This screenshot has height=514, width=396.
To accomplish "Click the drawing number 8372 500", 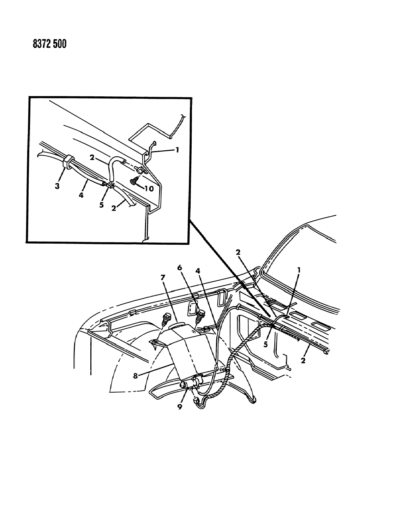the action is [50, 44].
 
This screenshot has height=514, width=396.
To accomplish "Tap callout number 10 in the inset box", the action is [149, 189].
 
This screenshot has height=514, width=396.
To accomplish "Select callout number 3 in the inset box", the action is [57, 186].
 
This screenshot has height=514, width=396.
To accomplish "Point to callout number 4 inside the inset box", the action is [81, 195].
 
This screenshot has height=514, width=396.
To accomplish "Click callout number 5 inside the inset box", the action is [101, 205].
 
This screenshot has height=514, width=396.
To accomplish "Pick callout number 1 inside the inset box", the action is [177, 150].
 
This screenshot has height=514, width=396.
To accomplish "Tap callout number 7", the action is [163, 277].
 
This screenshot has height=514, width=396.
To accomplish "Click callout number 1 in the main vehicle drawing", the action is [299, 270].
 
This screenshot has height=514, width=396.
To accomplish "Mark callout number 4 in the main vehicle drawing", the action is [198, 271].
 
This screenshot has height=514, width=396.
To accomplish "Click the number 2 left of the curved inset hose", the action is [92, 157].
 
